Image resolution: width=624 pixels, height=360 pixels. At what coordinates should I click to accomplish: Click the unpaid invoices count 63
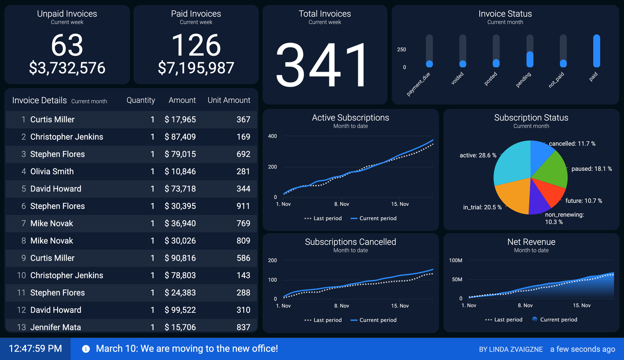click(x=67, y=45)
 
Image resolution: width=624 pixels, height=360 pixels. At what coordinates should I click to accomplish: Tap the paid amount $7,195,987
click(x=196, y=68)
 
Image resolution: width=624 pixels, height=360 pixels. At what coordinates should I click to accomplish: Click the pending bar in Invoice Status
click(x=530, y=59)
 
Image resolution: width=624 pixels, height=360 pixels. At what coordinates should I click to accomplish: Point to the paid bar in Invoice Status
click(x=596, y=51)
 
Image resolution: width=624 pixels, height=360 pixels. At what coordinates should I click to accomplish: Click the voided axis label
click(x=457, y=79)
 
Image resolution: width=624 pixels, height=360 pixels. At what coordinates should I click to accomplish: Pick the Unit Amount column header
click(x=229, y=100)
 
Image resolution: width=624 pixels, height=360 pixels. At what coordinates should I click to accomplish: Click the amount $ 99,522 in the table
click(x=180, y=310)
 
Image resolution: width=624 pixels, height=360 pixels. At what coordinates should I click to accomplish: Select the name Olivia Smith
click(x=52, y=171)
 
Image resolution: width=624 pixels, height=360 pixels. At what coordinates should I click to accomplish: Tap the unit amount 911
click(x=243, y=206)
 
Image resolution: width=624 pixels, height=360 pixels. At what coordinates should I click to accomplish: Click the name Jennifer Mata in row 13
click(x=56, y=327)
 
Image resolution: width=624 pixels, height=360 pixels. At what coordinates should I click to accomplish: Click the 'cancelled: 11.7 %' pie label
click(x=572, y=144)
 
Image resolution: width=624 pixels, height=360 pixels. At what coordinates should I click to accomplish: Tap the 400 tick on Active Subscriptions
click(x=273, y=136)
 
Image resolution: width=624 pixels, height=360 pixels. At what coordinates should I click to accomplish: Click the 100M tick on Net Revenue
click(x=455, y=261)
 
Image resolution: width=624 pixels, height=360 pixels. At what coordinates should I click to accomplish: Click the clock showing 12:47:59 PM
click(x=36, y=349)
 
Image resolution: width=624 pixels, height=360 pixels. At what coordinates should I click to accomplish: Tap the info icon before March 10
click(x=86, y=349)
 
